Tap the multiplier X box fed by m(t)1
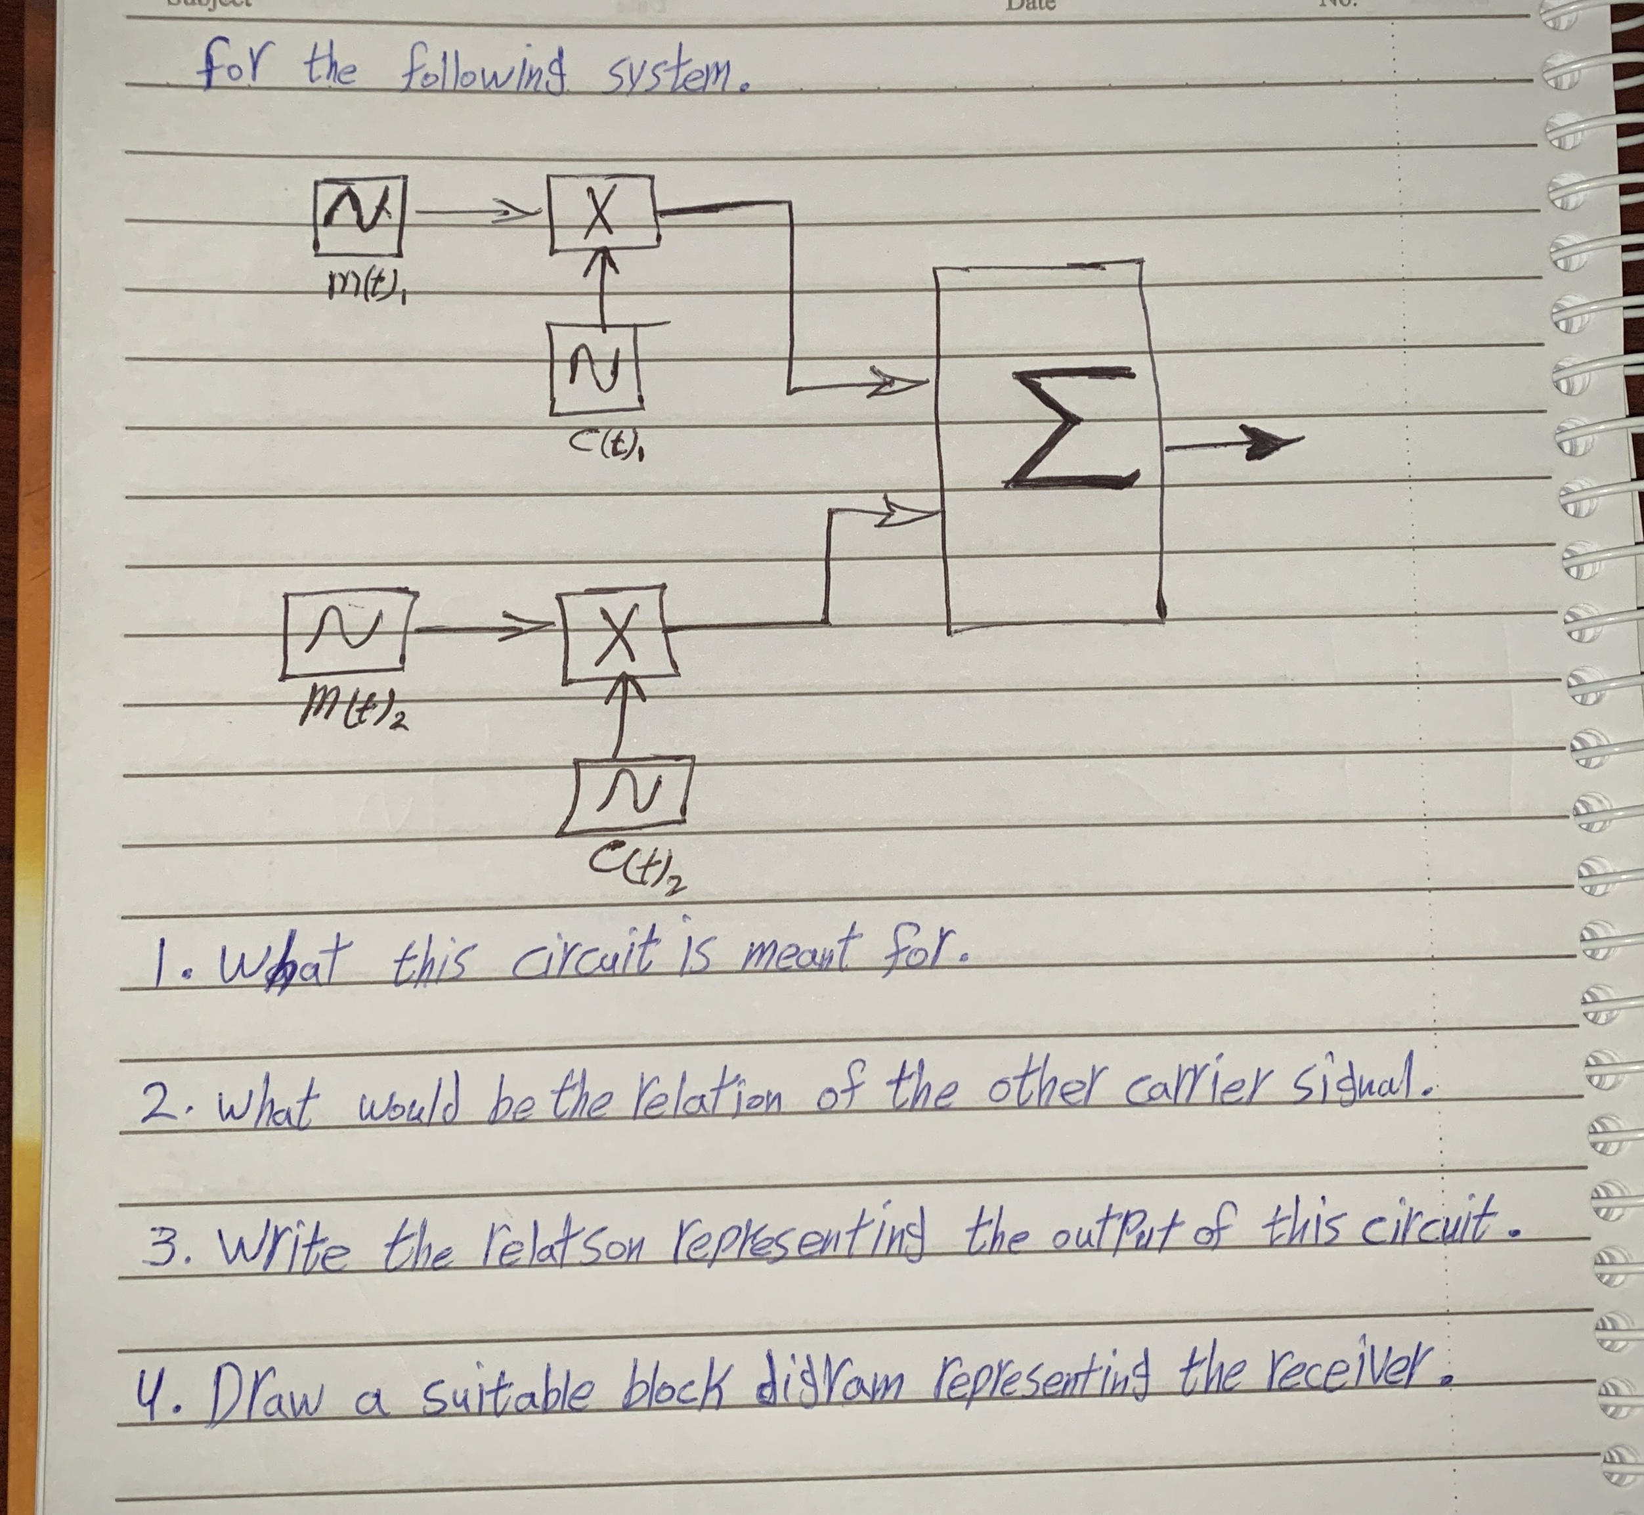604,215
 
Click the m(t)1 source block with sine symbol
358,217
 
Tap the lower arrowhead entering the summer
908,516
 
